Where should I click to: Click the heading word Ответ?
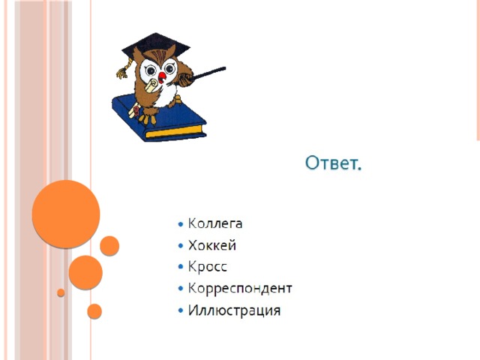[x=333, y=163]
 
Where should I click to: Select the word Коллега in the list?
[x=215, y=223]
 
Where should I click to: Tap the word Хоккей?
[x=211, y=245]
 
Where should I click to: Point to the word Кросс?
[x=207, y=267]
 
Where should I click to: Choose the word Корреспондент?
[x=240, y=288]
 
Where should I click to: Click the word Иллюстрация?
[x=234, y=310]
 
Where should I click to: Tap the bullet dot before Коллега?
[x=181, y=224]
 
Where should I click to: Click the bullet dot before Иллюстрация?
[x=181, y=310]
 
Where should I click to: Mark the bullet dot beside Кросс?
[x=181, y=267]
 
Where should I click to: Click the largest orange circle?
[x=66, y=214]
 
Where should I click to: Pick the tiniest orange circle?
[x=61, y=292]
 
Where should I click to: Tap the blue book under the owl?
[x=159, y=118]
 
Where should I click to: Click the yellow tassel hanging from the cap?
[x=124, y=70]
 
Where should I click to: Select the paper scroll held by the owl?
[x=151, y=85]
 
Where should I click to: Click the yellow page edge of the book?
[x=175, y=131]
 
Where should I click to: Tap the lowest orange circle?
[x=94, y=311]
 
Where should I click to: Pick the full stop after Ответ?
[x=359, y=168]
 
